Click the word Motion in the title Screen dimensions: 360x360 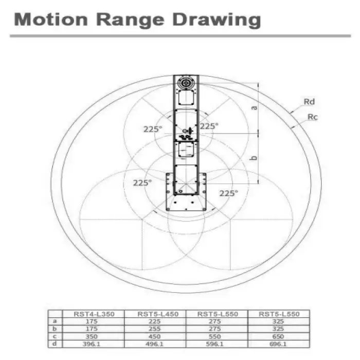51,20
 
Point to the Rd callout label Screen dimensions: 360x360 309,101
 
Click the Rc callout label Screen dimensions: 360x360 313,117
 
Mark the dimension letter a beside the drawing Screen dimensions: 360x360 254,108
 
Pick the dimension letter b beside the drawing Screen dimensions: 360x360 254,158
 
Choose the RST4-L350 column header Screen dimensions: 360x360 94,314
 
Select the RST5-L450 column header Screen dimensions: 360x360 158,314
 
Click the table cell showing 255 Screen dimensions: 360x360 154,329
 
